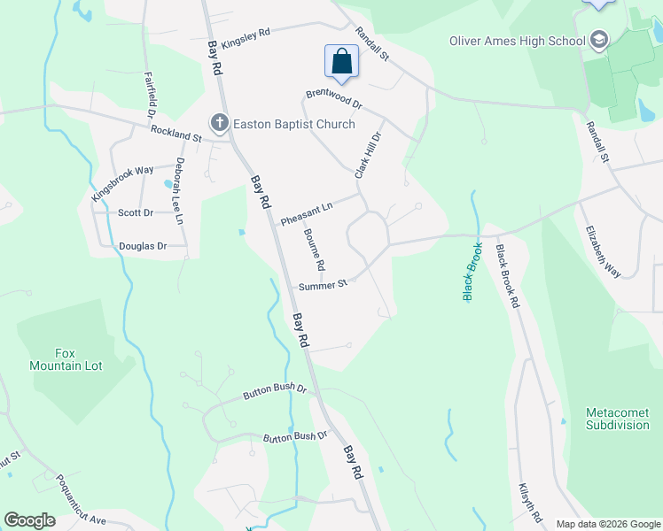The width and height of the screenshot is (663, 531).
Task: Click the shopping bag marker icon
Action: [x=341, y=62]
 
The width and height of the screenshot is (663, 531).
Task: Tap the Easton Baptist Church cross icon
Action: [x=218, y=124]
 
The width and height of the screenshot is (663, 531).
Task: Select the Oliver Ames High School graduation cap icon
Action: [x=599, y=40]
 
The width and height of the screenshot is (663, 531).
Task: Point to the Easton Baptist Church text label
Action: [x=294, y=125]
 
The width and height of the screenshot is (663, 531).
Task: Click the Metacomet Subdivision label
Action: [x=618, y=419]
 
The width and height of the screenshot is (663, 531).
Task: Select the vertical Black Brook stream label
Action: [x=470, y=272]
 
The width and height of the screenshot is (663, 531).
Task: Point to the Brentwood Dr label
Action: [x=334, y=98]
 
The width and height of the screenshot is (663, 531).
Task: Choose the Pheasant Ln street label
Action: [x=307, y=213]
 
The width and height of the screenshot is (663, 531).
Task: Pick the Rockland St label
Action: [x=176, y=134]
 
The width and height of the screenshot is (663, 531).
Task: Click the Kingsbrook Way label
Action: [x=122, y=181]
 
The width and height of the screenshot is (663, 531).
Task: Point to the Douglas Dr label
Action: [x=144, y=246]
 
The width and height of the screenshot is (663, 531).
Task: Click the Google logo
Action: [x=29, y=520]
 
